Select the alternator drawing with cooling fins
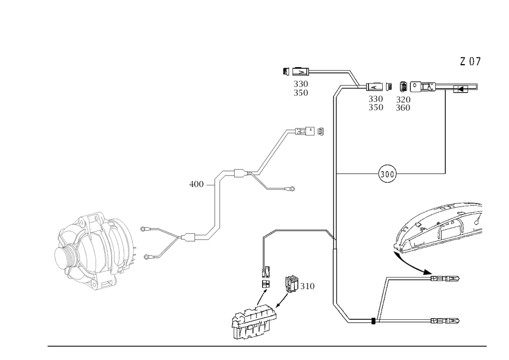(x=96, y=250)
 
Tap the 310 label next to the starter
(x=307, y=287)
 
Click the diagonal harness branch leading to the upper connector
(x=272, y=153)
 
